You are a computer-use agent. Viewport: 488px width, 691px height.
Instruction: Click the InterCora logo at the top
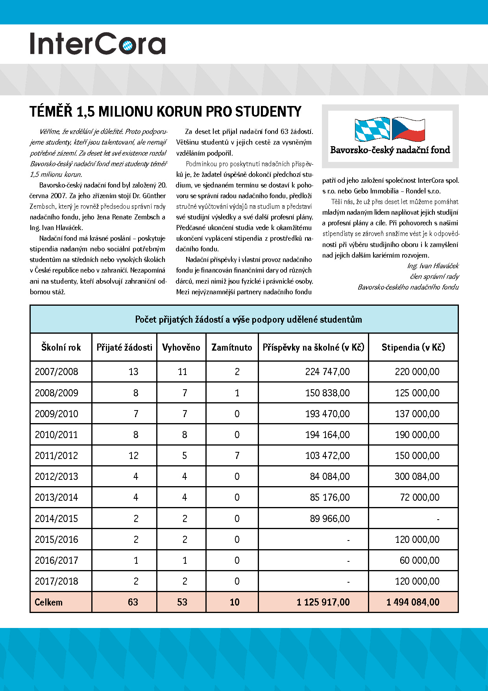[x=98, y=43]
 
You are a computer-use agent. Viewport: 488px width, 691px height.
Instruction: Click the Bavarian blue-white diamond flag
[x=372, y=129]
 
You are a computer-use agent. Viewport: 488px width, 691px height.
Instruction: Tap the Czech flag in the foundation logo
[x=409, y=129]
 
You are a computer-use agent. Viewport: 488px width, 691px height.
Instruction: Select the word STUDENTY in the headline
[x=268, y=112]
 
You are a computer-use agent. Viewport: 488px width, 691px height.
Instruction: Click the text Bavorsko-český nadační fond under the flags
[x=390, y=150]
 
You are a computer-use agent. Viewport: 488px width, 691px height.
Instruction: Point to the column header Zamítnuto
[x=232, y=347]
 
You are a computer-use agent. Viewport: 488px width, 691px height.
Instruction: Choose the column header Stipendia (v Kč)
[x=413, y=347]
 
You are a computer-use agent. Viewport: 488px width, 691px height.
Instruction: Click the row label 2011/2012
[x=56, y=456]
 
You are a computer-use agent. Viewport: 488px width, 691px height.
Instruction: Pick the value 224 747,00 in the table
[x=327, y=372]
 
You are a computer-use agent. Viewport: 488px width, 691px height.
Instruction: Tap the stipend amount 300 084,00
[x=417, y=477]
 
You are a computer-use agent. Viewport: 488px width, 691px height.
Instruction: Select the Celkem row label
[x=48, y=602]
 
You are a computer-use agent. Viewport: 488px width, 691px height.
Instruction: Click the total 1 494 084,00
[x=413, y=602]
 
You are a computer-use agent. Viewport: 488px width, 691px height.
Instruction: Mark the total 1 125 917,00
[x=323, y=602]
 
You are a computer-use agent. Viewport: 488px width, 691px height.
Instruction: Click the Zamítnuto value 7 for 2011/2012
[x=237, y=456]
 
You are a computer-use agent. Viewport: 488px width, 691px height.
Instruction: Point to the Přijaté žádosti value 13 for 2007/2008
[x=133, y=372]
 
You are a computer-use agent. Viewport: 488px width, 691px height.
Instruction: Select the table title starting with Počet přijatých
[x=248, y=319]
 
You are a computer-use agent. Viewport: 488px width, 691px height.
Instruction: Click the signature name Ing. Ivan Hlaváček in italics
[x=433, y=266]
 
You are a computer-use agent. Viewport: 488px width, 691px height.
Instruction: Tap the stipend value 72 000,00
[x=420, y=498]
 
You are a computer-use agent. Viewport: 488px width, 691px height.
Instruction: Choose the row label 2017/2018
[x=56, y=581]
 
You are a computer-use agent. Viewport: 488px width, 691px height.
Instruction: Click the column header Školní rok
[x=61, y=347]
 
